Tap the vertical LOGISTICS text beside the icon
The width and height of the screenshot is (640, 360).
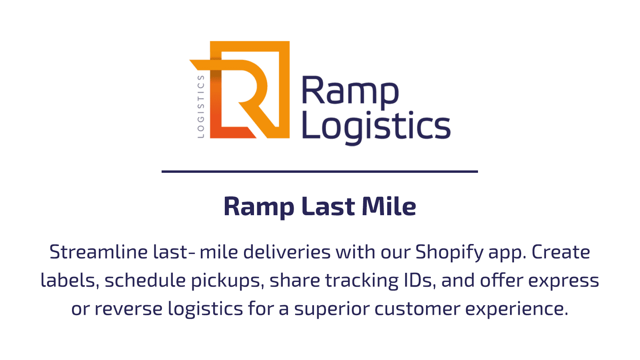click(x=201, y=107)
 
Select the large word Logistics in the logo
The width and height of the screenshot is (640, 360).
click(x=376, y=128)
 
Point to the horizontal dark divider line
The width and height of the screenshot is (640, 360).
click(x=320, y=172)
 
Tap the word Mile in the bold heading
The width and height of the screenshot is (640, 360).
click(x=389, y=206)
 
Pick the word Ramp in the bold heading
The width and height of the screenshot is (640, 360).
click(x=259, y=208)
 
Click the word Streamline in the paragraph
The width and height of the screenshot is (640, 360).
click(x=98, y=252)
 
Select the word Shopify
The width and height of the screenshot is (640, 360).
click(x=450, y=252)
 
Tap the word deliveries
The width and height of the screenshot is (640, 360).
click(x=287, y=252)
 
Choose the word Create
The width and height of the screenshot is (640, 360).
click(x=561, y=252)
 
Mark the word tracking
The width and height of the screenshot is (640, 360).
click(x=362, y=281)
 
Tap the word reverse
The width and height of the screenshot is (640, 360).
click(x=128, y=309)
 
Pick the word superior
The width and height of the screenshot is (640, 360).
click(x=332, y=310)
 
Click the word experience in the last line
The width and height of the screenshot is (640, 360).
click(x=517, y=310)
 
